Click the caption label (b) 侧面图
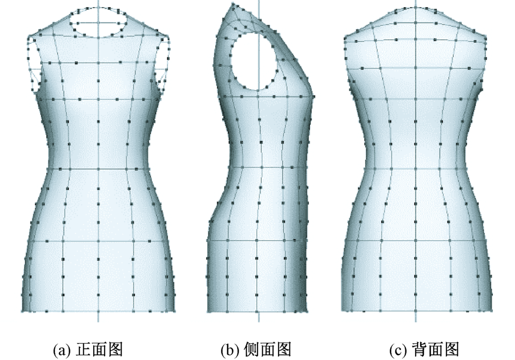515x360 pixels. point(256,350)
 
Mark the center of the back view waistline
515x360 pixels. point(415,168)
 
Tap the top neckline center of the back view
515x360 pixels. point(415,7)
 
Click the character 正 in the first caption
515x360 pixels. point(83,350)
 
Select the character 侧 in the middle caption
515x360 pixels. point(248,350)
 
